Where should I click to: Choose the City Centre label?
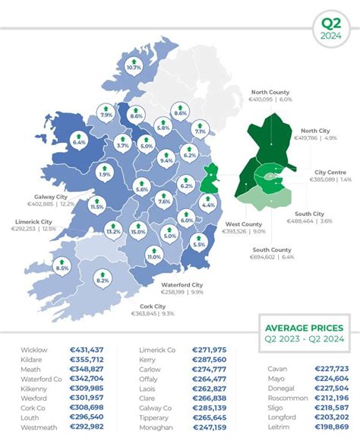(x=331, y=172)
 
